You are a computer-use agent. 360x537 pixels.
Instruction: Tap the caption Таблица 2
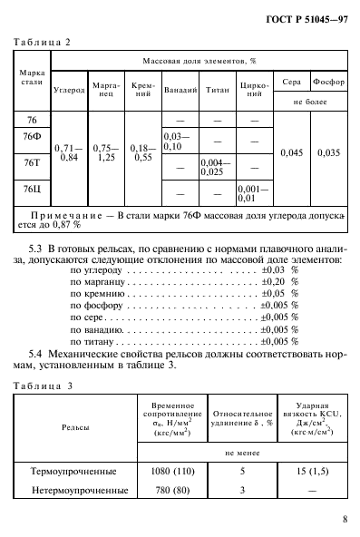[43, 42]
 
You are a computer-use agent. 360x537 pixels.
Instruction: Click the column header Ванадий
[177, 93]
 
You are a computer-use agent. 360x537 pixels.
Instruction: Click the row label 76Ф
[31, 137]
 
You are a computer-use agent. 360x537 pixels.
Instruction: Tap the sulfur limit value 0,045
[287, 152]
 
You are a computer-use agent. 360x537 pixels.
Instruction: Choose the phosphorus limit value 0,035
[328, 152]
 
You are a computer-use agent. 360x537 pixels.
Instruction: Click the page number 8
[345, 520]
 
